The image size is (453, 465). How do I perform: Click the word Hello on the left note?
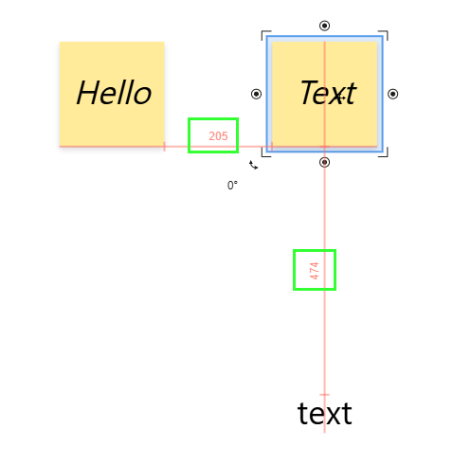tap(114, 93)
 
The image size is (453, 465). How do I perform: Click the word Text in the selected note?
tap(329, 93)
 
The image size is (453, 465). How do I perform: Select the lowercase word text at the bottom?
tap(324, 413)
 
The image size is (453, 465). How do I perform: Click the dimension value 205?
tap(218, 136)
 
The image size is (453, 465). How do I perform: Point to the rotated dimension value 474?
tap(315, 271)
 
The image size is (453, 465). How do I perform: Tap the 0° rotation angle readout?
tap(232, 186)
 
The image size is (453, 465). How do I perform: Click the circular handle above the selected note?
tap(324, 26)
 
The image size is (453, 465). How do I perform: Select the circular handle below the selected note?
tap(324, 162)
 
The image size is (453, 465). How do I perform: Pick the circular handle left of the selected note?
tap(256, 94)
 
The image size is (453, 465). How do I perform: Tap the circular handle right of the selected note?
tap(392, 94)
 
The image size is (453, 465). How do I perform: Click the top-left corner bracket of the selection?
tap(263, 31)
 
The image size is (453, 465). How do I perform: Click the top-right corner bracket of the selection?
tap(387, 31)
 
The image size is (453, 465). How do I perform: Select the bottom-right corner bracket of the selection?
tap(387, 155)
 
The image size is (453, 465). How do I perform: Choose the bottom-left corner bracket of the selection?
tap(263, 155)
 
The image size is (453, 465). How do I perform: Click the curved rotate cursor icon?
tap(253, 165)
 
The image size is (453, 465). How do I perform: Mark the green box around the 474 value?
tap(294, 270)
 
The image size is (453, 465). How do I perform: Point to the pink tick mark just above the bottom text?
tap(324, 395)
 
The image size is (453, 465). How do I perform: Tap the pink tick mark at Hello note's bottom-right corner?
tap(164, 147)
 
